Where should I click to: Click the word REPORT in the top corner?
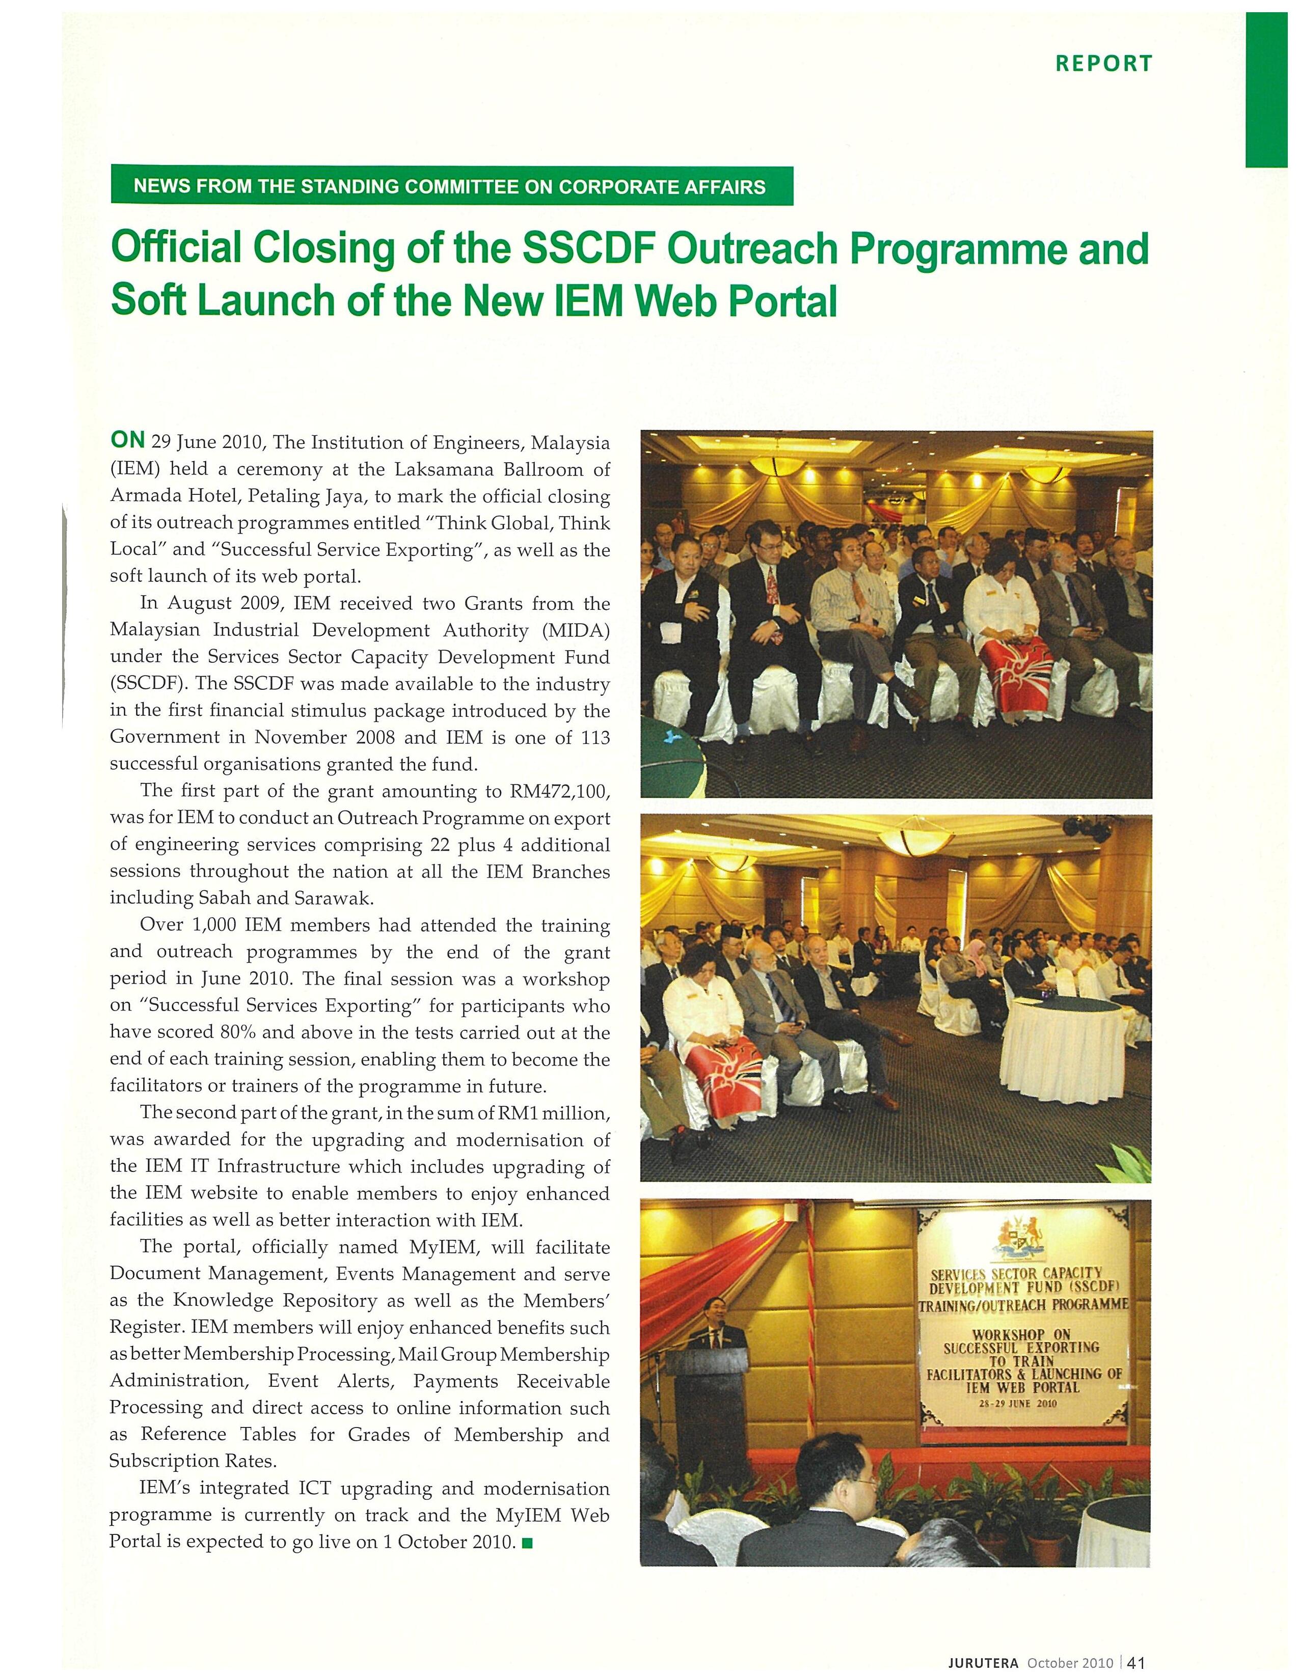tap(1103, 63)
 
